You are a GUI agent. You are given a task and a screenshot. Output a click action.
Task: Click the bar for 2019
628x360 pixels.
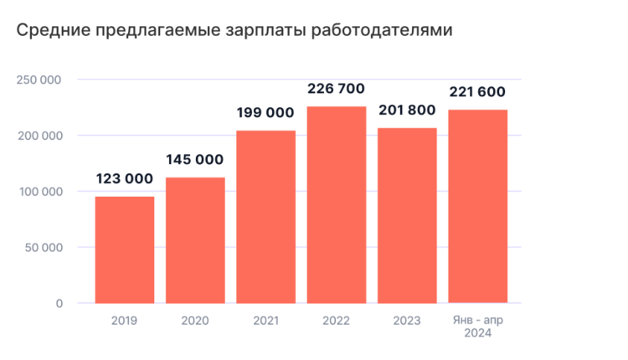tap(124, 249)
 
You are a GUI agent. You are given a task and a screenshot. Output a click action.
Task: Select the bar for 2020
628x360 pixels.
tap(195, 240)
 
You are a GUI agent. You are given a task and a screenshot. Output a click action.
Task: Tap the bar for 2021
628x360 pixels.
tap(266, 217)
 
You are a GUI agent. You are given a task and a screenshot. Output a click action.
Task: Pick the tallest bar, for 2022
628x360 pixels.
tap(337, 204)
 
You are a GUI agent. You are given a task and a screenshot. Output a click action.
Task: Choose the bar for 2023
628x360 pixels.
tap(408, 215)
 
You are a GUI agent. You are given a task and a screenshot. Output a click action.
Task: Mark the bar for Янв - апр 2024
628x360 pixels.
tap(478, 206)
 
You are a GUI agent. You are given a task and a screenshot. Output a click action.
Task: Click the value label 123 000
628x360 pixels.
tap(124, 178)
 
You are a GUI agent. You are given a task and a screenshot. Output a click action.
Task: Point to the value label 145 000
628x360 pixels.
tap(194, 159)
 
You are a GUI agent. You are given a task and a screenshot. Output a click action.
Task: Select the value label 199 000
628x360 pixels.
tap(265, 113)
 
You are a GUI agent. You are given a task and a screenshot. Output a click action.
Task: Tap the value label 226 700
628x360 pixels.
tap(337, 89)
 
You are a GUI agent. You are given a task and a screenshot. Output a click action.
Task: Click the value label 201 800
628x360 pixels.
tap(408, 111)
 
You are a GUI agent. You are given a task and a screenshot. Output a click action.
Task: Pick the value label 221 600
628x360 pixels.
tap(478, 92)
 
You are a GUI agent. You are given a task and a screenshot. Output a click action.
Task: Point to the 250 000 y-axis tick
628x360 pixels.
tap(39, 80)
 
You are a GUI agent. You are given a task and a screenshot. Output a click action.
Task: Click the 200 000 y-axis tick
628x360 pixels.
tap(39, 136)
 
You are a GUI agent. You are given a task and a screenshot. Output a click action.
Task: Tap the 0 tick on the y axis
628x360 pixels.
tap(59, 303)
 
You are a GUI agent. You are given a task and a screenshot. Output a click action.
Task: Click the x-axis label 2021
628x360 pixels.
tap(265, 321)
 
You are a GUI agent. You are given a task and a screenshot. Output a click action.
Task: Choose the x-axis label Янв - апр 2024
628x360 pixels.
tap(478, 327)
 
